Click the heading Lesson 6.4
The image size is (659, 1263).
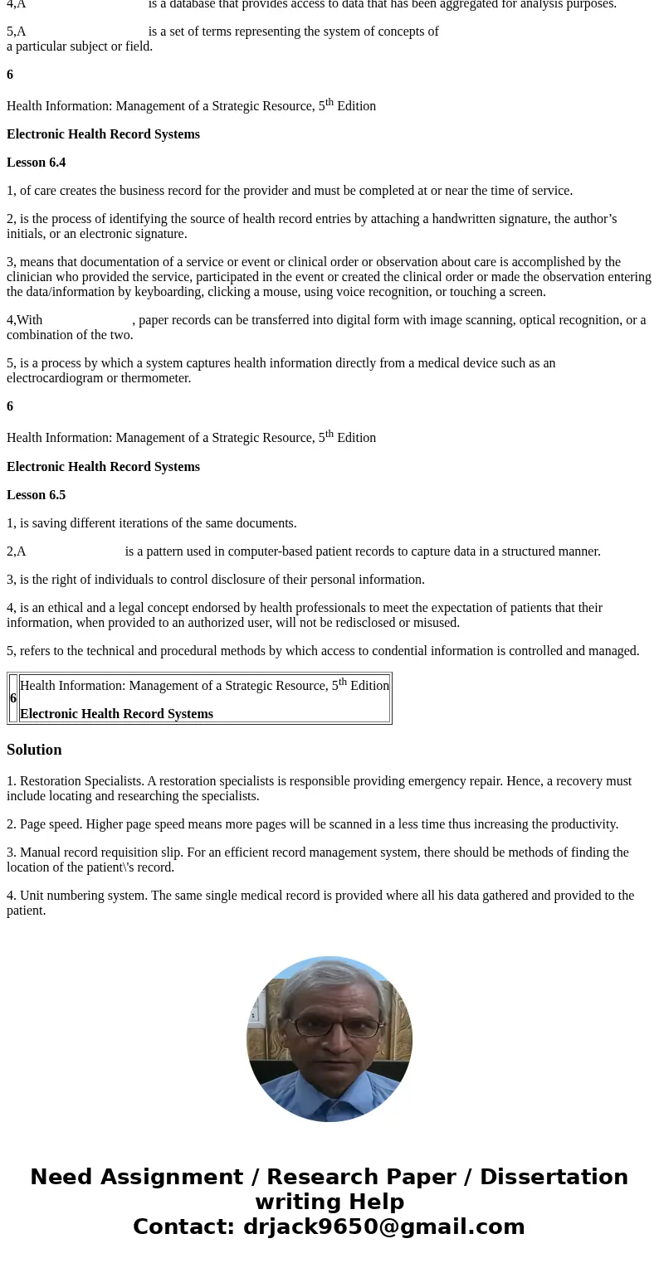click(x=36, y=163)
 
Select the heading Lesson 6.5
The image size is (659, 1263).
click(x=36, y=495)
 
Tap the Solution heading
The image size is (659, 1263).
click(x=34, y=750)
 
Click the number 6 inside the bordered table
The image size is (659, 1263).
click(x=13, y=698)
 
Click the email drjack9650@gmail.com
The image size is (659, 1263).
click(x=383, y=1227)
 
